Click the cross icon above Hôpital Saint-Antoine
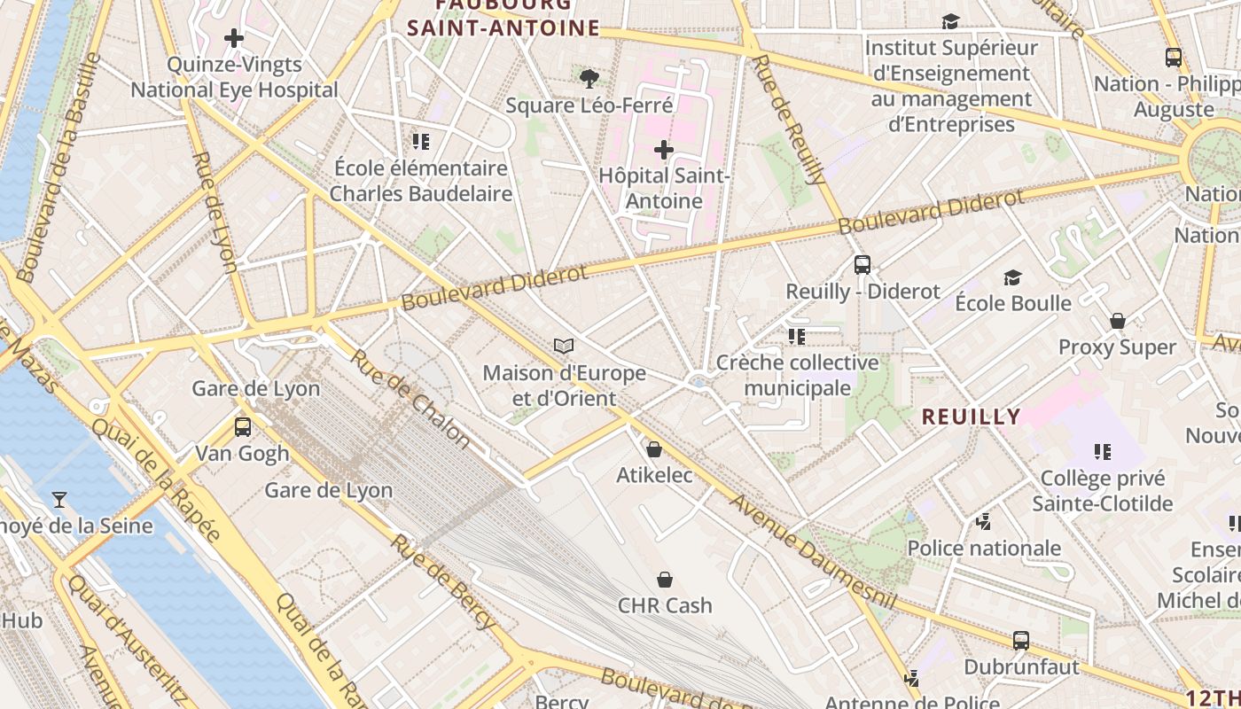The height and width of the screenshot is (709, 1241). pos(663,150)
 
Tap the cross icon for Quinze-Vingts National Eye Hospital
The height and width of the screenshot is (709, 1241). pos(234,38)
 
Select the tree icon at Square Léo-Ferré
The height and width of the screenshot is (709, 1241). pos(589,79)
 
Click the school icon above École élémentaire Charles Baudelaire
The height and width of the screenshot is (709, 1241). pos(421,141)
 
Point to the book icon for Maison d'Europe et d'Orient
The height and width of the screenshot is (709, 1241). pos(564,346)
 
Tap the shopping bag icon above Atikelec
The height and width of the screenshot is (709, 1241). pos(654,449)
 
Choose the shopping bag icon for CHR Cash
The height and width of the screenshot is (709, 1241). pos(665,580)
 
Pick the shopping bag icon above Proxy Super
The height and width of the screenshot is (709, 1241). pos(1118,320)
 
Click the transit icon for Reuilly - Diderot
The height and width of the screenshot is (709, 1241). pos(862,264)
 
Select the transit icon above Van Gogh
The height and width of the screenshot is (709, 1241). pos(243,426)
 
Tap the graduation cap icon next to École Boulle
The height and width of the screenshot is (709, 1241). pos(1013,277)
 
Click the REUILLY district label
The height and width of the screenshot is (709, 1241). pos(972,417)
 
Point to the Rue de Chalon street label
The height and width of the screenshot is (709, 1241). pos(411,398)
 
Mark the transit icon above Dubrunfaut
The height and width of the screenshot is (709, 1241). pos(1021,640)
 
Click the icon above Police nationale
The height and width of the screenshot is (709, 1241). pos(984,522)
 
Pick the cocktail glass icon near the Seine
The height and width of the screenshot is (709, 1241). pos(59,500)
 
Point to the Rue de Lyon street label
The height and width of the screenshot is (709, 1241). pos(215,212)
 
